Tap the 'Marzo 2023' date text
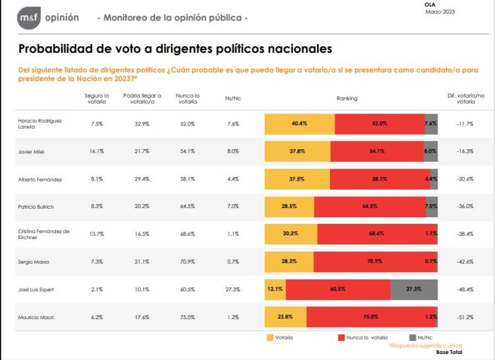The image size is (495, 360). [439, 12]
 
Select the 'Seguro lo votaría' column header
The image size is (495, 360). [97, 98]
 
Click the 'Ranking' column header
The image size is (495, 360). [346, 98]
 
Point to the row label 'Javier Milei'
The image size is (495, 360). [35, 151]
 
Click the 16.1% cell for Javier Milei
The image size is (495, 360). [97, 151]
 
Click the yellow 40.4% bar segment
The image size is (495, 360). [300, 124]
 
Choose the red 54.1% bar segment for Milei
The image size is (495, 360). [377, 151]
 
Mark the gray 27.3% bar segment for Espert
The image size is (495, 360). [414, 289]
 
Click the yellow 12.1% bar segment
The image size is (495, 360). [275, 289]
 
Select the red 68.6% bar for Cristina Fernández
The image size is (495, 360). [377, 234]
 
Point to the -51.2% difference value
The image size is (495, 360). [465, 317]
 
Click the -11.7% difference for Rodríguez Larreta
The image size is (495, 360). [465, 124]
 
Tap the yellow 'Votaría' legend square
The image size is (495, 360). [269, 338]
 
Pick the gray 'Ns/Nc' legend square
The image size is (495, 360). [412, 338]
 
